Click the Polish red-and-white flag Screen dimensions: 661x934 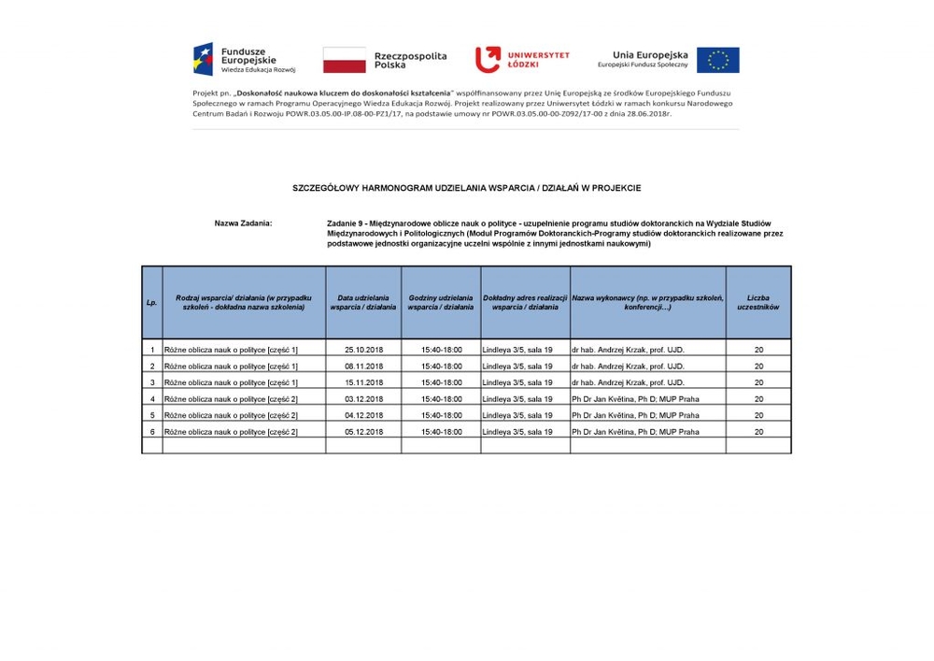[x=344, y=60]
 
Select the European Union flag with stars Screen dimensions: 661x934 [x=717, y=60]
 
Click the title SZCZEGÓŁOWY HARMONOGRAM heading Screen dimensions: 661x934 [x=466, y=188]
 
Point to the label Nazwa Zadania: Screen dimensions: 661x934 [x=243, y=223]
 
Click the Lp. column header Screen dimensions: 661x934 [x=151, y=303]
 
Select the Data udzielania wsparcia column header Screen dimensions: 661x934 [x=363, y=303]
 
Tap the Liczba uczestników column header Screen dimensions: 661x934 [x=757, y=303]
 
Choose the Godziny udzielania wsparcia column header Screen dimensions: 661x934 [x=441, y=303]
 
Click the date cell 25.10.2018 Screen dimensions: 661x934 [x=363, y=350]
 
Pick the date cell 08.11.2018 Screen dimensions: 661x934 [x=363, y=366]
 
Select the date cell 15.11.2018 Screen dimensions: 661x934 [x=363, y=382]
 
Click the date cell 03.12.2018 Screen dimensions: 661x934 [x=363, y=399]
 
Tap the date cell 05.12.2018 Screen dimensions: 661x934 [x=363, y=432]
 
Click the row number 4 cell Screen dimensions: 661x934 [x=152, y=399]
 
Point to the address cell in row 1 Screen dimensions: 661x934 [x=517, y=350]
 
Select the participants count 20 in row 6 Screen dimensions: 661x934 [x=758, y=432]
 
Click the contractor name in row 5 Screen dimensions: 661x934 [x=635, y=415]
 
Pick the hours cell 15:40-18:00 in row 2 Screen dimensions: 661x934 [x=441, y=366]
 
